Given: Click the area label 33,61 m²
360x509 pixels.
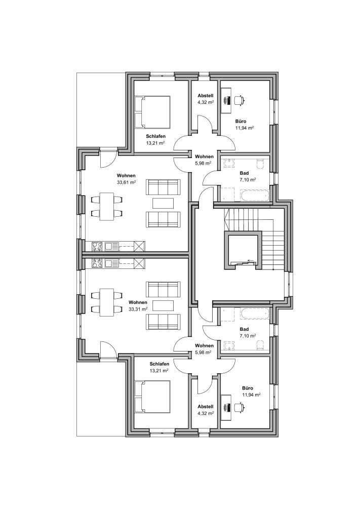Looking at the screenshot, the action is click(126, 182).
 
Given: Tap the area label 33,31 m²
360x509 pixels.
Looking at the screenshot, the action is click(138, 309).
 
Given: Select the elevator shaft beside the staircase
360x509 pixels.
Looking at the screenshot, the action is click(243, 251).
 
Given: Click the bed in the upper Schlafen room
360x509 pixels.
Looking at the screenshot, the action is click(152, 112).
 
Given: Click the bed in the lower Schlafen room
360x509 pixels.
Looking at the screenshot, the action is click(152, 397).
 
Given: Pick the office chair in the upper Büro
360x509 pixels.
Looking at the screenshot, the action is click(239, 100).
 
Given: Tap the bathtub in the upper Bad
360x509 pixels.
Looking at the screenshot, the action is click(255, 195).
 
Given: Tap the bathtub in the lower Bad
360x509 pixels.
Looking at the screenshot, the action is click(255, 313).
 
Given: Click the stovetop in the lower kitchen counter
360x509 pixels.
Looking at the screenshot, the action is click(97, 263).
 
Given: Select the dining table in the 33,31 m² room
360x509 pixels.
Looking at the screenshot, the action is click(107, 302).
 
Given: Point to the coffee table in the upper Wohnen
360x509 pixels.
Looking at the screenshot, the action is click(163, 203).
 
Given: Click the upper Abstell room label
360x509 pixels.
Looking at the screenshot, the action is click(206, 96).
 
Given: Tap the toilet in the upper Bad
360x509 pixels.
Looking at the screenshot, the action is click(261, 164).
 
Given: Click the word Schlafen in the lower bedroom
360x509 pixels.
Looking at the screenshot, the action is click(159, 364).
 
